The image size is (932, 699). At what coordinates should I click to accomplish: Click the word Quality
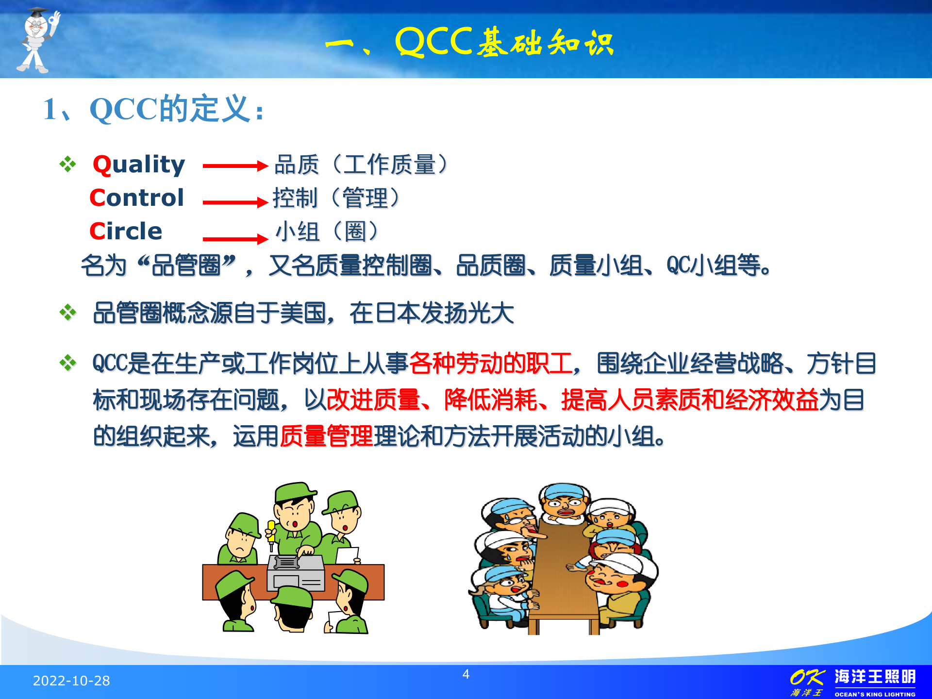pyautogui.click(x=139, y=165)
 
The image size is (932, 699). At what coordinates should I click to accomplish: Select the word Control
pyautogui.click(x=137, y=198)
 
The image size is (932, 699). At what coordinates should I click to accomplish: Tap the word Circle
pyautogui.click(x=126, y=231)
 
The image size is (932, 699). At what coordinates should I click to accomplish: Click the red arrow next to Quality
pyautogui.click(x=235, y=166)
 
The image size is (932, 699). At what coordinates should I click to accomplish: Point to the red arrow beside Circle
pyautogui.click(x=235, y=238)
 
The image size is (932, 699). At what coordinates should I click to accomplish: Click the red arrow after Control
pyautogui.click(x=235, y=202)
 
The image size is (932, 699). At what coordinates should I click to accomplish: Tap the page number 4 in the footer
pyautogui.click(x=466, y=674)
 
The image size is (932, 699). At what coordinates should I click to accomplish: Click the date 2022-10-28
pyautogui.click(x=71, y=681)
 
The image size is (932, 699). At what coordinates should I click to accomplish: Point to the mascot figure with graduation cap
pyautogui.click(x=38, y=40)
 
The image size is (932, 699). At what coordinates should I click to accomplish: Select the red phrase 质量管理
pyautogui.click(x=326, y=436)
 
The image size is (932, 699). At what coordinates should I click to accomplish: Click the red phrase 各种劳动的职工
pyautogui.click(x=490, y=363)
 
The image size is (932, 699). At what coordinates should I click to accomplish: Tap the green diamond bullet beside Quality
pyautogui.click(x=68, y=164)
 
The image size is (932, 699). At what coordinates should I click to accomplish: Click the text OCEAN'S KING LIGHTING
pyautogui.click(x=875, y=694)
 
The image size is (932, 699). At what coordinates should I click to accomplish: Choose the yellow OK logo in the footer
pyautogui.click(x=807, y=678)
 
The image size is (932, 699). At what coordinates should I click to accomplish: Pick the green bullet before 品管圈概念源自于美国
pyautogui.click(x=68, y=312)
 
